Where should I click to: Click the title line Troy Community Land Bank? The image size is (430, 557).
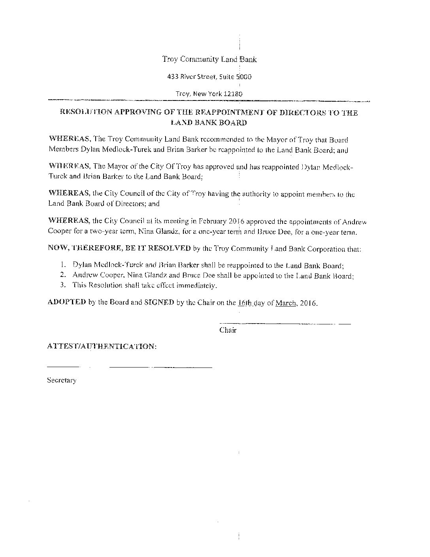tap(209, 59)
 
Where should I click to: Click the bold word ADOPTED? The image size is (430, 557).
tap(66, 302)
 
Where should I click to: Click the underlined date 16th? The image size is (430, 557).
tap(243, 303)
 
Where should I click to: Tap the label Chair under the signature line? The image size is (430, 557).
tap(228, 330)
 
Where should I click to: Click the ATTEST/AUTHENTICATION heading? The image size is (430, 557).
tap(102, 347)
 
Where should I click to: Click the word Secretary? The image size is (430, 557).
tap(62, 381)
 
